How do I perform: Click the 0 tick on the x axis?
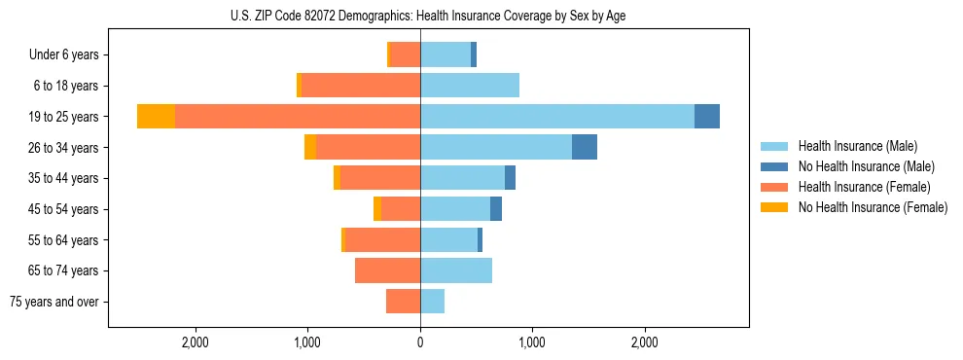pyautogui.click(x=420, y=342)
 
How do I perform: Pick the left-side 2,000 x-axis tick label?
pyautogui.click(x=196, y=342)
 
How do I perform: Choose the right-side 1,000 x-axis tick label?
pyautogui.click(x=532, y=342)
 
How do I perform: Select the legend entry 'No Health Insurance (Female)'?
pyautogui.click(x=873, y=207)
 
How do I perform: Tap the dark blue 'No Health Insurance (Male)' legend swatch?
pyautogui.click(x=774, y=166)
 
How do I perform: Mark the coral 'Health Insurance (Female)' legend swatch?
pyautogui.click(x=774, y=187)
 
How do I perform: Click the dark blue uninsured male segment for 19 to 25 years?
pyautogui.click(x=707, y=117)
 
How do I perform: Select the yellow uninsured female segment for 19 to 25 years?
pyautogui.click(x=156, y=117)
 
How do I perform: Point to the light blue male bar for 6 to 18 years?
pyautogui.click(x=470, y=86)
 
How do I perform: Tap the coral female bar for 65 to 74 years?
pyautogui.click(x=387, y=270)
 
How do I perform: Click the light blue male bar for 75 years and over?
pyautogui.click(x=432, y=302)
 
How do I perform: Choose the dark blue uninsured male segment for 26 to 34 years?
pyautogui.click(x=585, y=147)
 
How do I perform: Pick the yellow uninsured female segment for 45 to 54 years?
pyautogui.click(x=377, y=209)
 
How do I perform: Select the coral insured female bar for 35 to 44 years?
pyautogui.click(x=380, y=178)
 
